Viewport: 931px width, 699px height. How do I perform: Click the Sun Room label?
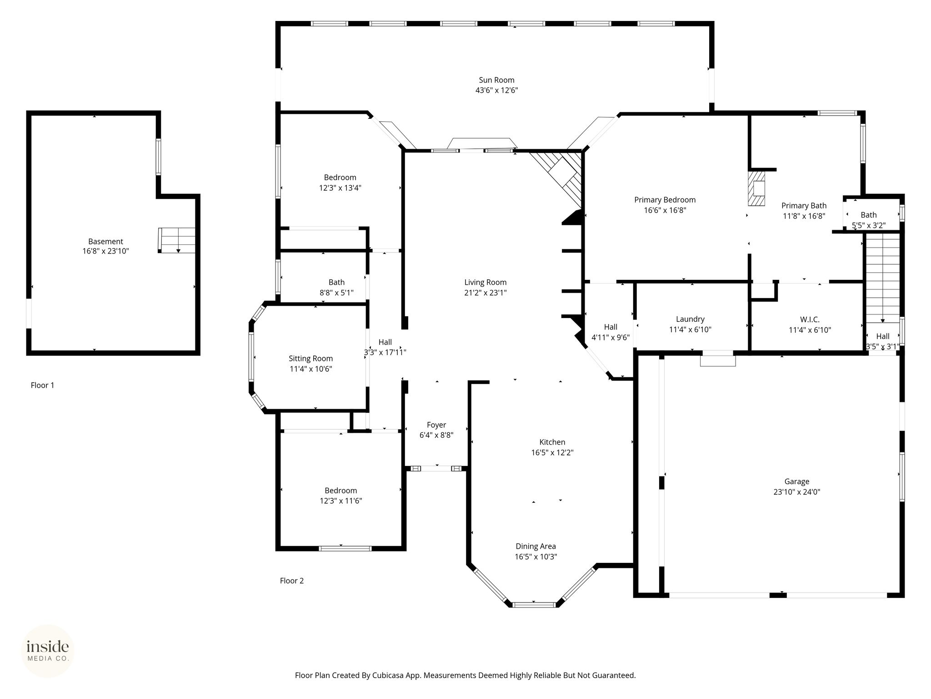pos(496,80)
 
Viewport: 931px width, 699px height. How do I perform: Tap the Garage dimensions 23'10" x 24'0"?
pos(796,492)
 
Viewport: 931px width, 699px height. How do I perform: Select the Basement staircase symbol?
pos(177,240)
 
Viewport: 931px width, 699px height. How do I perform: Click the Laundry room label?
pos(690,319)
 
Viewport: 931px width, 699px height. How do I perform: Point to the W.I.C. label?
pos(810,319)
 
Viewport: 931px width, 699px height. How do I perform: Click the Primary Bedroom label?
pos(665,200)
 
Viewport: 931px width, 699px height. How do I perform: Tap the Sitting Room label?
pos(311,359)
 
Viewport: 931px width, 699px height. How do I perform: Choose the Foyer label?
pos(436,425)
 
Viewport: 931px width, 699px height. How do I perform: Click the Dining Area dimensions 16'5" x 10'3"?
pos(536,557)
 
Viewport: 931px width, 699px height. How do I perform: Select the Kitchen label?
pos(552,442)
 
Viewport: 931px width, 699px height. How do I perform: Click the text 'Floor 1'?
pos(42,385)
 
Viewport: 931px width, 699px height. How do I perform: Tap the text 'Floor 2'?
pos(291,581)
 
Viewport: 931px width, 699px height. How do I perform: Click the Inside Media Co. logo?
pos(48,651)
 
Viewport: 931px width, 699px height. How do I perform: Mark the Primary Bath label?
pos(804,206)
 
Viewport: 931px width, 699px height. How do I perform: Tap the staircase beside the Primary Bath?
pos(882,278)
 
